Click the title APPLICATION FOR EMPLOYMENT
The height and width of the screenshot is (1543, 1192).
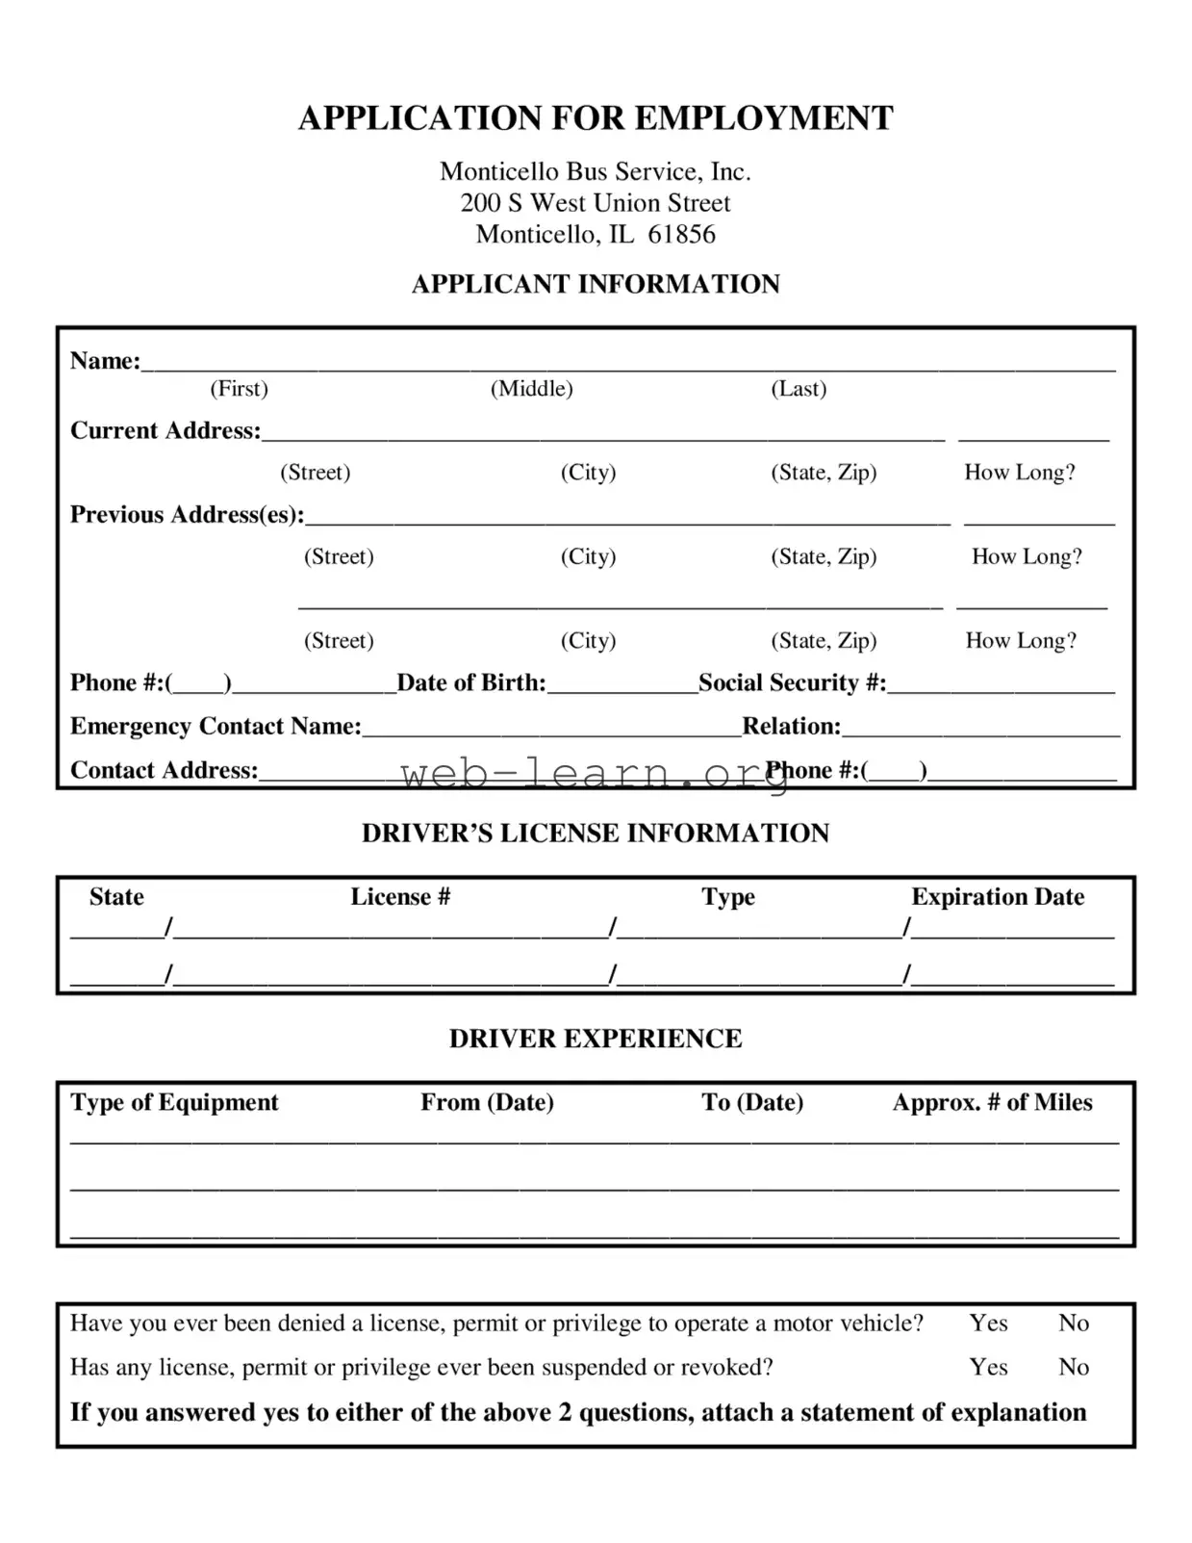pyautogui.click(x=596, y=118)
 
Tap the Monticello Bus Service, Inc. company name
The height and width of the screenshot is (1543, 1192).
pyautogui.click(x=596, y=171)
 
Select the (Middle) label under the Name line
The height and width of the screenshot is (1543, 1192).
pyautogui.click(x=531, y=389)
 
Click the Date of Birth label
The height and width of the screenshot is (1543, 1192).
pyautogui.click(x=470, y=683)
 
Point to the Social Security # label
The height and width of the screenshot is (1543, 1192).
pyautogui.click(x=792, y=683)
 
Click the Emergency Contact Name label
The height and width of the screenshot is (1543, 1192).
pyautogui.click(x=216, y=727)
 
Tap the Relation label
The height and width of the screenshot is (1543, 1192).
pyautogui.click(x=791, y=727)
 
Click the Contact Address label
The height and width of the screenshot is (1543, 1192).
pyautogui.click(x=164, y=771)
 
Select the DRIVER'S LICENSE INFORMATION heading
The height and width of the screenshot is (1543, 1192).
pyautogui.click(x=596, y=834)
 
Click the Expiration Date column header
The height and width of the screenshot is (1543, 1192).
pyautogui.click(x=998, y=897)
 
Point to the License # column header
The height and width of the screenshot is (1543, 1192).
pyautogui.click(x=400, y=897)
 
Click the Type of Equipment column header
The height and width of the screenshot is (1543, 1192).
pyautogui.click(x=174, y=1103)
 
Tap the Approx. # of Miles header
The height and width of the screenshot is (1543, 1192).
pyautogui.click(x=992, y=1103)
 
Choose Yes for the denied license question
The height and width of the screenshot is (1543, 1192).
pyautogui.click(x=988, y=1324)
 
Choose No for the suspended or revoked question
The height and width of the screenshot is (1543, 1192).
pyautogui.click(x=1074, y=1368)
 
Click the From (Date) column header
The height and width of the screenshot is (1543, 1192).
pyautogui.click(x=487, y=1103)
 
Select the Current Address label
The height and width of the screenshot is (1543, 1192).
pyautogui.click(x=165, y=431)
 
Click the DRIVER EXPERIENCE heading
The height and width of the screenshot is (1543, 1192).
pyautogui.click(x=596, y=1040)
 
